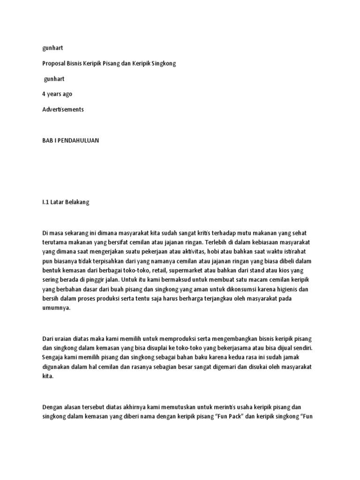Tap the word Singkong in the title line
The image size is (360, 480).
pyautogui.click(x=164, y=63)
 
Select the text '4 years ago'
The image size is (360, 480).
pyautogui.click(x=57, y=94)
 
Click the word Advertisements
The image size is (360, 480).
pyautogui.click(x=63, y=109)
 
